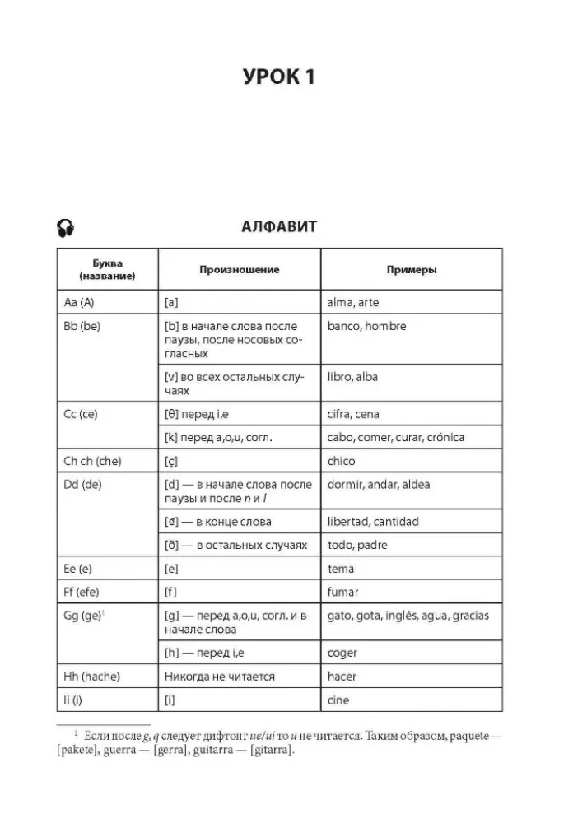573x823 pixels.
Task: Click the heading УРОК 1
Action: coord(279,78)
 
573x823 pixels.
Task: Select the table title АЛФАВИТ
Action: coord(279,227)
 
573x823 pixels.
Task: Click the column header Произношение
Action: coord(239,270)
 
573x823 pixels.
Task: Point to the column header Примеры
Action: coord(412,270)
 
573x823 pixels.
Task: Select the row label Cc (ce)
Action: coord(81,414)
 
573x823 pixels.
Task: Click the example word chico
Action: coord(341,461)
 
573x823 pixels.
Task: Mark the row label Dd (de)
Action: coord(82,485)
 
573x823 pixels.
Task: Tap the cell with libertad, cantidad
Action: coord(373,522)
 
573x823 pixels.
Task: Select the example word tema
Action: coord(340,569)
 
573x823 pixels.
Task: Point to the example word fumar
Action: coord(342,593)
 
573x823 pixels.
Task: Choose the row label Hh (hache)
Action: coord(91,677)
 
